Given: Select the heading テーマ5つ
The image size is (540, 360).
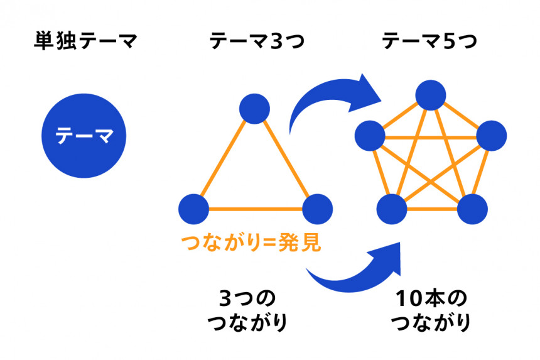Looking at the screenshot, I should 429,43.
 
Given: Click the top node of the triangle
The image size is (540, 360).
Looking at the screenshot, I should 254,108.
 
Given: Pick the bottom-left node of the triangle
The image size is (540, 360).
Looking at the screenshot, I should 193,208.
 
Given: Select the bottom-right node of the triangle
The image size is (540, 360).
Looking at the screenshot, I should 317,208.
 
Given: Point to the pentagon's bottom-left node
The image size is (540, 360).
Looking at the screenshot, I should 392,208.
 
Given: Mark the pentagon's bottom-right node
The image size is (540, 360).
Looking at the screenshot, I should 470,208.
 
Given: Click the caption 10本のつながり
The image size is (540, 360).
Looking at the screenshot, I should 431,310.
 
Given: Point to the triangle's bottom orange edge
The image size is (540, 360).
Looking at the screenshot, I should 255,208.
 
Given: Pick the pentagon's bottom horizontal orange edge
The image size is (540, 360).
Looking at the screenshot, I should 431,208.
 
